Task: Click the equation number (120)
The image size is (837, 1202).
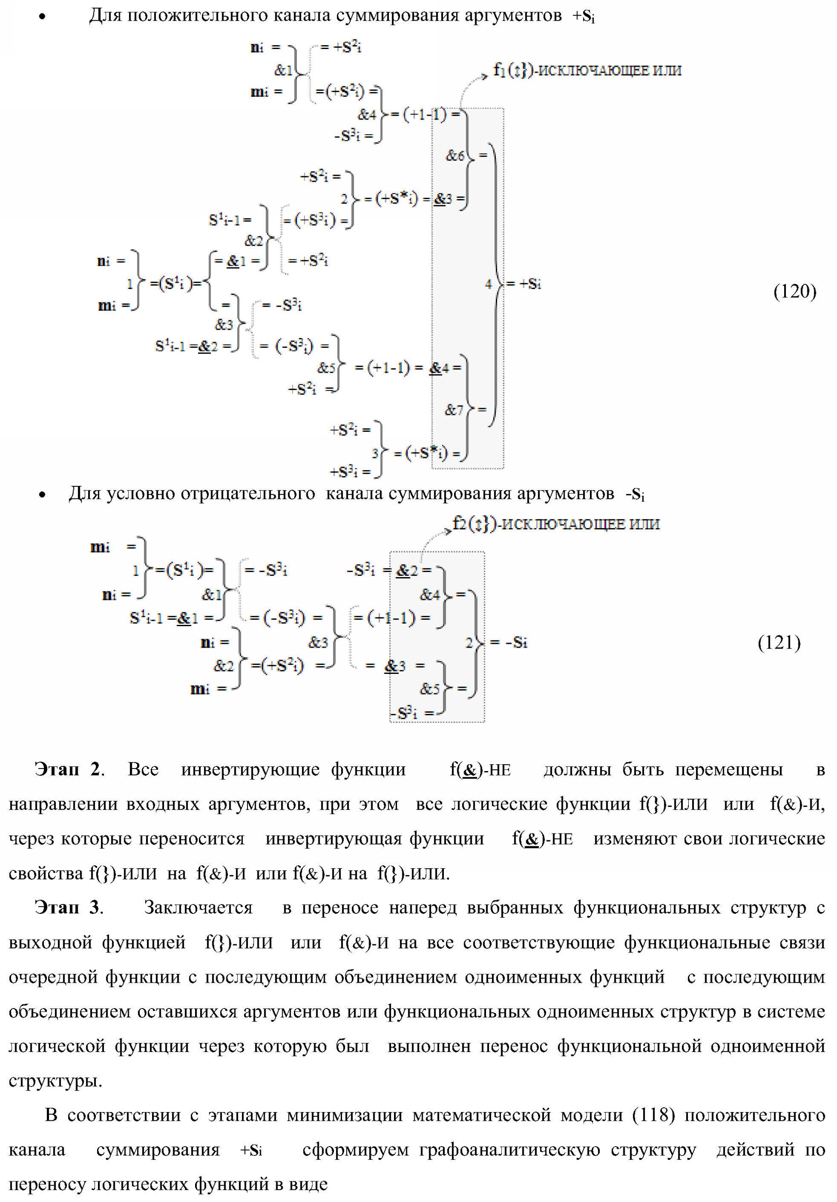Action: pyautogui.click(x=794, y=291)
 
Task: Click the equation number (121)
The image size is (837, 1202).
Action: pyautogui.click(x=779, y=643)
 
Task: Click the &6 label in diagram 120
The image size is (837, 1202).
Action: pyautogui.click(x=455, y=156)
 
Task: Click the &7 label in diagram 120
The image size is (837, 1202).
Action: pyautogui.click(x=454, y=410)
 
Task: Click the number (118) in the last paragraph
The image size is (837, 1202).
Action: pyautogui.click(x=654, y=1115)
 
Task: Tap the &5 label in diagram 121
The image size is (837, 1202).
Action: pyautogui.click(x=430, y=689)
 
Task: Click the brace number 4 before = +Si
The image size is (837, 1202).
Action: pyautogui.click(x=488, y=284)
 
